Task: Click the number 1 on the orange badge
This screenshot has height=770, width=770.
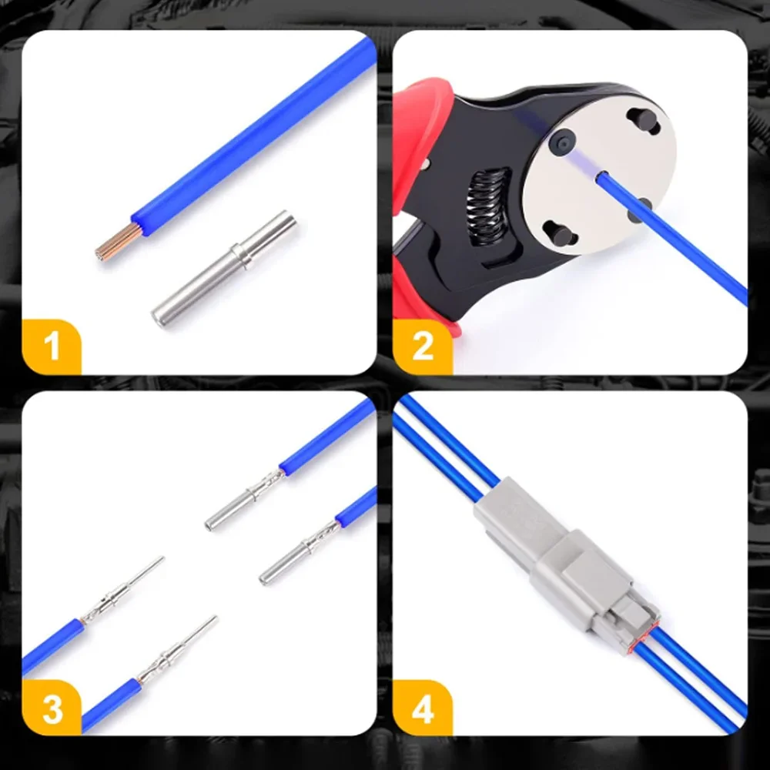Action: pos(52,346)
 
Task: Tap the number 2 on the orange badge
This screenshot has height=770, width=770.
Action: pos(423,346)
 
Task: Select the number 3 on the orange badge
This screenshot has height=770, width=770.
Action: pos(52,708)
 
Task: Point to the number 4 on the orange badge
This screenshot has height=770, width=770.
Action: pos(423,708)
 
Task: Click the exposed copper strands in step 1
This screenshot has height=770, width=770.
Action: pos(117,241)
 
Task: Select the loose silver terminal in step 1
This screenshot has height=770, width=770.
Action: pos(224,269)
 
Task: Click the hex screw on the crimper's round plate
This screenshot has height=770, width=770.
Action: pos(562,142)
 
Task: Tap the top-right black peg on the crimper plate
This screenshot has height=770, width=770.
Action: pos(643,121)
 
